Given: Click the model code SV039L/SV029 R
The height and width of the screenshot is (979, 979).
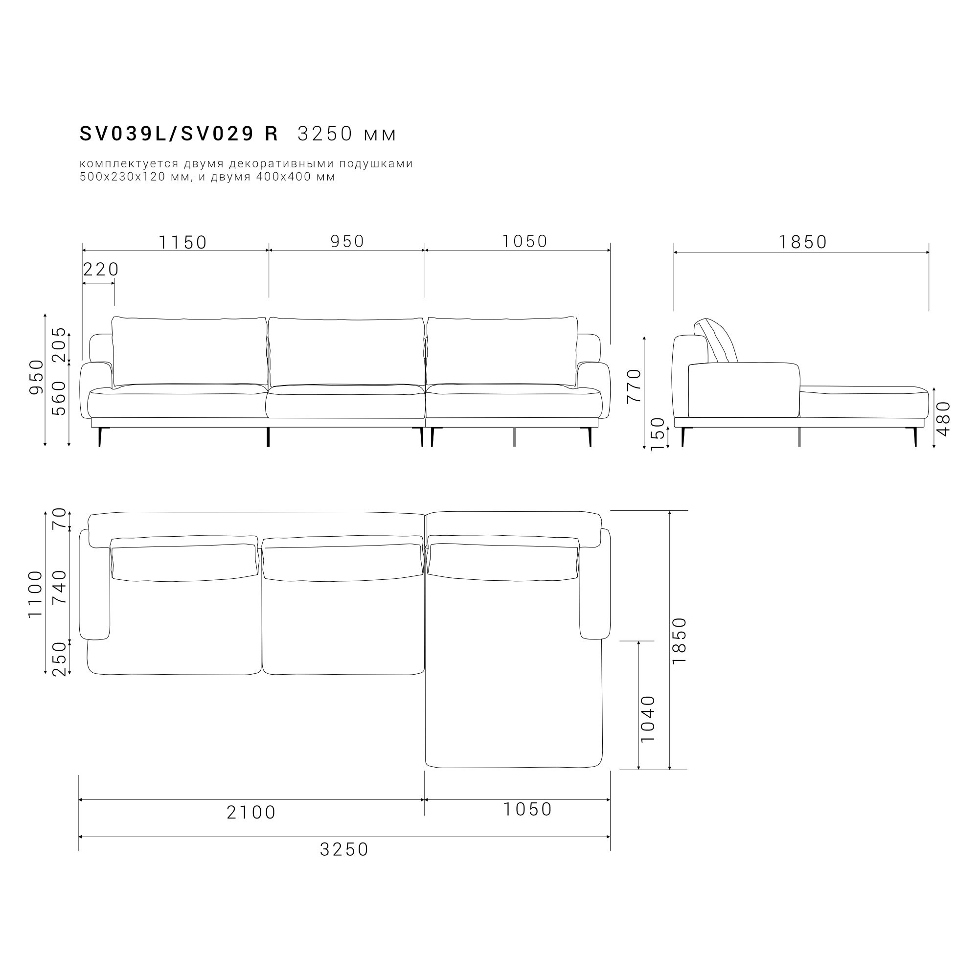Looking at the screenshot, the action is click(179, 134).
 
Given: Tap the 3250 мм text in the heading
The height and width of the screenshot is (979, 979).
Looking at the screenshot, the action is click(347, 134).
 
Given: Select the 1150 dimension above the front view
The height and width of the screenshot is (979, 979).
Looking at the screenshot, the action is click(183, 243).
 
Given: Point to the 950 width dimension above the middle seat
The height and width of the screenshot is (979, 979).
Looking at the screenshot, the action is click(347, 241).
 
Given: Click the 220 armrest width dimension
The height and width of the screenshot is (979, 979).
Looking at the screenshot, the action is click(101, 270).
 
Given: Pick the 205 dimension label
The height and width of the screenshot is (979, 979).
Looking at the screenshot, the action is click(59, 344).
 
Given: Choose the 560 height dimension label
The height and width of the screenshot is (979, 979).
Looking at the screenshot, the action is click(59, 398).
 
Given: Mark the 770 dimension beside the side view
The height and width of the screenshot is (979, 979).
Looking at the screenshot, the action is click(634, 386).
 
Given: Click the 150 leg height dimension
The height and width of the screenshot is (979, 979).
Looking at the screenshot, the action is click(657, 434).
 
